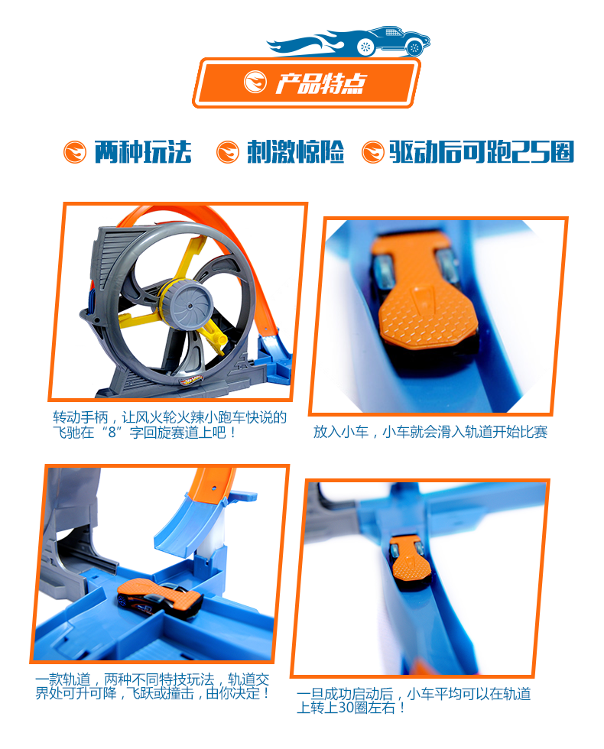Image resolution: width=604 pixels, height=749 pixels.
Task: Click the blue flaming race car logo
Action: pos(349,41)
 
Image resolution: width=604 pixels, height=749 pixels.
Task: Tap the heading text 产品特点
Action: pos(320,83)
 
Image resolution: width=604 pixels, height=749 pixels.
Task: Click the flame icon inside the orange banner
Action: pos(255,82)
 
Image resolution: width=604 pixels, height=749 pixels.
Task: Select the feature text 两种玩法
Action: pos(143,152)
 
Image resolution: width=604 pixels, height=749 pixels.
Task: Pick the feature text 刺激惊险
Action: pos(295,152)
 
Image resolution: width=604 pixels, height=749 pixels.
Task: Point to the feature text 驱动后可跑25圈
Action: pos(482,152)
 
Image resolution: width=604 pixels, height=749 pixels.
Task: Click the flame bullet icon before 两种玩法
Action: pos(75,152)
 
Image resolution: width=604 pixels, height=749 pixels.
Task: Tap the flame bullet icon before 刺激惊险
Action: pos(228,152)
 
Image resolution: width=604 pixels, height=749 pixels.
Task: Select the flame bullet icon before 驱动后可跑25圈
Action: pos(373,152)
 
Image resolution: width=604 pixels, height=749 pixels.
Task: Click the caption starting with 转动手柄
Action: pos(170,425)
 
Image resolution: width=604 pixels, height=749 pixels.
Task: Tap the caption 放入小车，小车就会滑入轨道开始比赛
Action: pos(430,432)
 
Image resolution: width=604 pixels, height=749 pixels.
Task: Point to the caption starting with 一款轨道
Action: pos(152,686)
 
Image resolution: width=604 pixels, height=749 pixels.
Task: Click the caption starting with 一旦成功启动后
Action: pos(414,701)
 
